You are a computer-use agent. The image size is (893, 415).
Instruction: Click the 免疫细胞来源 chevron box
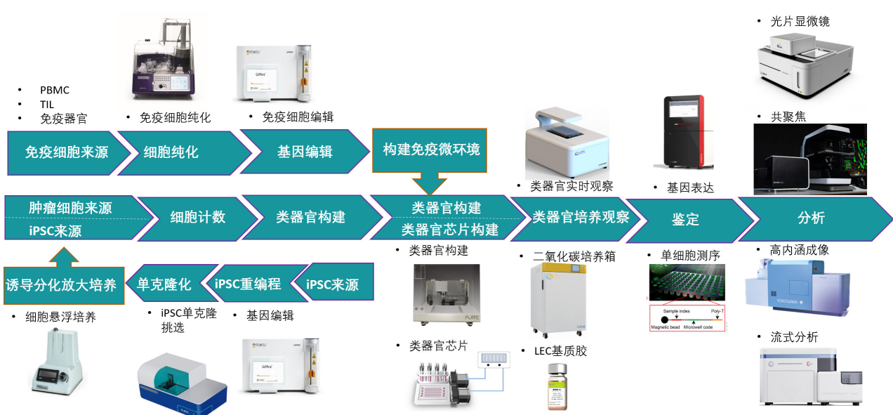point(67,152)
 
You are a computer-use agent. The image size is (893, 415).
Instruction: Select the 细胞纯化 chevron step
point(172,152)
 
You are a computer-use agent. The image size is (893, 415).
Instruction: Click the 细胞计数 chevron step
point(198,218)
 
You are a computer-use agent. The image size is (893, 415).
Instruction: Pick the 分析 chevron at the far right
point(811,218)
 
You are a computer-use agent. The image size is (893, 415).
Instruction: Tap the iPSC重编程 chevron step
point(249,284)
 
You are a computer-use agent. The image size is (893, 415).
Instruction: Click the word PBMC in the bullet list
point(55,90)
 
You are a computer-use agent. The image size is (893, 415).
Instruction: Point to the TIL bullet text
point(47,105)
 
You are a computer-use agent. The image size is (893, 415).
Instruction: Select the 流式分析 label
point(794,337)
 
